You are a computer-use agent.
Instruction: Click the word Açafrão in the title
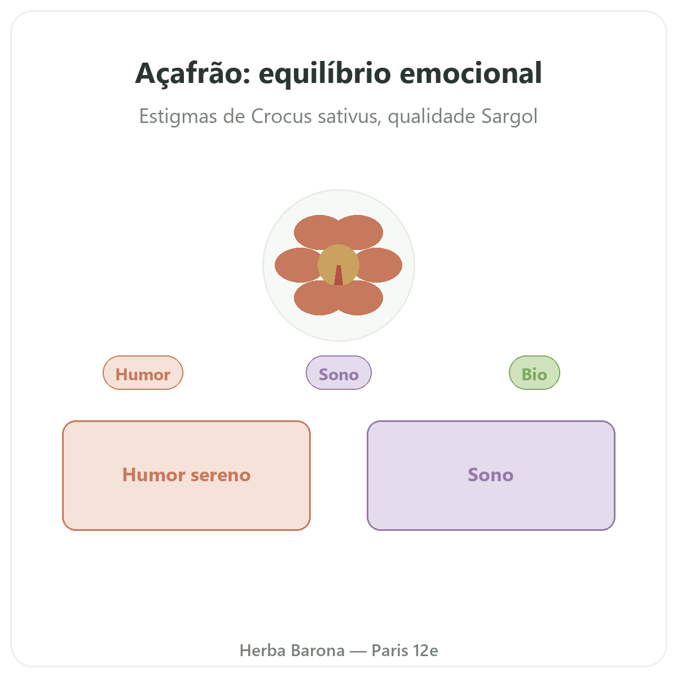(x=192, y=74)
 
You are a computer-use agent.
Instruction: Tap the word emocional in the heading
(x=471, y=73)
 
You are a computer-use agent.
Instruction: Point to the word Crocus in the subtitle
(x=281, y=116)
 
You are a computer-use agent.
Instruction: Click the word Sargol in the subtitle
(x=509, y=117)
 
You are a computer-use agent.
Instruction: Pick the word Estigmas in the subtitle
(x=178, y=117)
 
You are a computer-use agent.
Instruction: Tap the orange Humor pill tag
(x=143, y=372)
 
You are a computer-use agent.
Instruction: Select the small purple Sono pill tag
(x=338, y=372)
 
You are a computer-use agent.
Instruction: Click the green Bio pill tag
(x=534, y=372)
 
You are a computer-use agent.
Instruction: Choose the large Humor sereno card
(x=186, y=475)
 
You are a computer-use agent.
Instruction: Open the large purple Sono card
(x=490, y=475)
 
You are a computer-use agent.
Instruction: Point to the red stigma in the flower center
(x=338, y=276)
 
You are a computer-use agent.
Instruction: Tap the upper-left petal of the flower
(x=314, y=230)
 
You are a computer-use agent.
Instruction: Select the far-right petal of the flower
(x=381, y=265)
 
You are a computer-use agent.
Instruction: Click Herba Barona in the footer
(x=292, y=650)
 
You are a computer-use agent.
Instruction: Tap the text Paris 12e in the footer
(x=405, y=650)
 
